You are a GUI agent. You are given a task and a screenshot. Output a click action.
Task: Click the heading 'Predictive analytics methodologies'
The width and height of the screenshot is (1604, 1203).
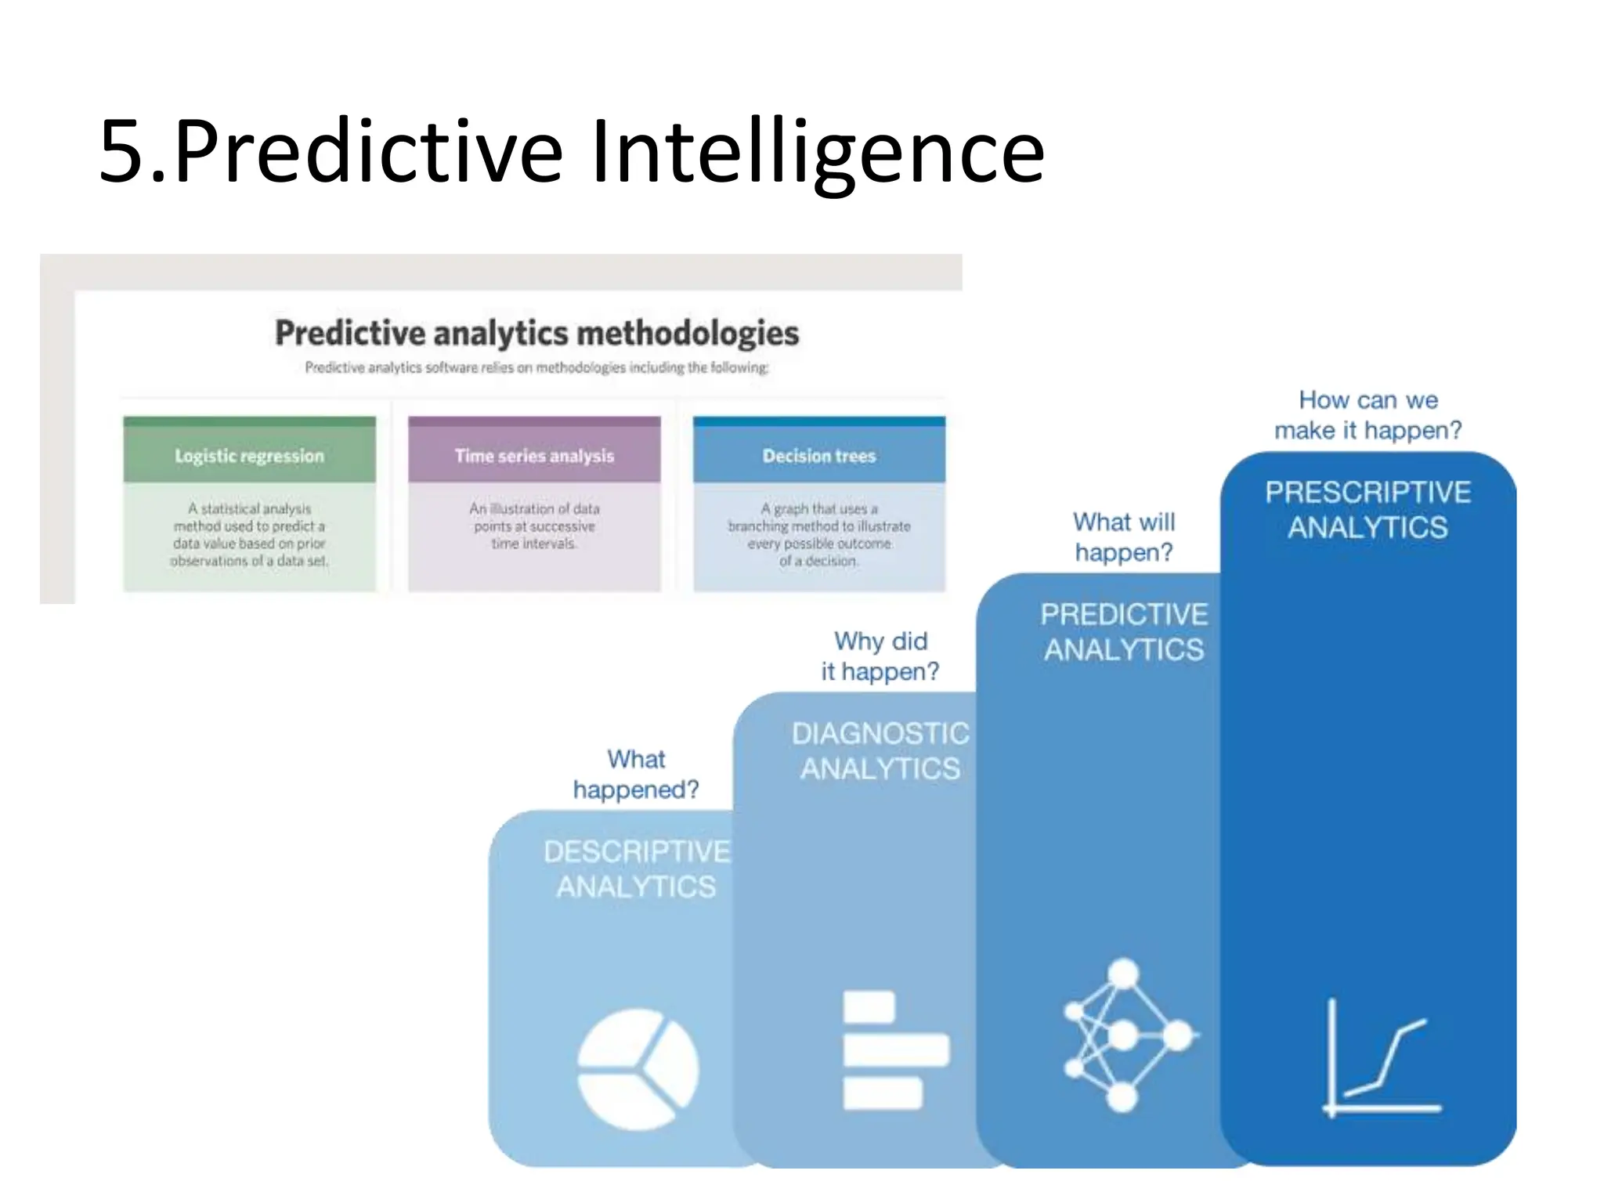pyautogui.click(x=536, y=333)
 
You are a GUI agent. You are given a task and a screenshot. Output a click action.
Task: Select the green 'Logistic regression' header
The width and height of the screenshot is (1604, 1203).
pyautogui.click(x=249, y=455)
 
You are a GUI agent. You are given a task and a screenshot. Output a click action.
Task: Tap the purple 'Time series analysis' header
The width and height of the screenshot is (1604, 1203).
pyautogui.click(x=534, y=455)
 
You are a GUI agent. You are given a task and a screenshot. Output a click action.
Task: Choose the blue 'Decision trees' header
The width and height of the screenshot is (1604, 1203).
pyautogui.click(x=818, y=455)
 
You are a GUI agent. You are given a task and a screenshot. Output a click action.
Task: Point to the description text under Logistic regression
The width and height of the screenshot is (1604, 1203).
pyautogui.click(x=249, y=535)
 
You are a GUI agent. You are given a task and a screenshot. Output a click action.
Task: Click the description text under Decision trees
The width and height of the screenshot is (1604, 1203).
pyautogui.click(x=818, y=535)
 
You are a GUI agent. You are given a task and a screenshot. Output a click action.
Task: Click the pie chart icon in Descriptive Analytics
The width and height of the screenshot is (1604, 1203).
pyautogui.click(x=638, y=1068)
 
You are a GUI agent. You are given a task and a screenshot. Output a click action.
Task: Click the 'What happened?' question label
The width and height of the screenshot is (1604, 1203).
pyautogui.click(x=636, y=774)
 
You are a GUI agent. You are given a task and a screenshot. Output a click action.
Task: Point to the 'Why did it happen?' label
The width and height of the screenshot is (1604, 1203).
pyautogui.click(x=880, y=656)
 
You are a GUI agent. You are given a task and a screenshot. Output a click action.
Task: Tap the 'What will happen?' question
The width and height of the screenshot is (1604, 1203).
pyautogui.click(x=1124, y=536)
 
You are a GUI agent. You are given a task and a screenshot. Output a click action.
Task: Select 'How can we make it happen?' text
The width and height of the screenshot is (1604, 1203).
pyautogui.click(x=1367, y=415)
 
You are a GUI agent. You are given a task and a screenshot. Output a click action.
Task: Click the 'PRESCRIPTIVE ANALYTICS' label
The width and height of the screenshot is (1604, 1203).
pyautogui.click(x=1367, y=509)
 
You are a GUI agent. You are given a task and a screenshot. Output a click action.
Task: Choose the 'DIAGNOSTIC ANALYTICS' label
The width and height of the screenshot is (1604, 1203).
pyautogui.click(x=880, y=750)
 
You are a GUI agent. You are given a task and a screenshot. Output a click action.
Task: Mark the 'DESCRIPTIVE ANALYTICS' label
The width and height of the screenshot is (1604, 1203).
pyautogui.click(x=636, y=869)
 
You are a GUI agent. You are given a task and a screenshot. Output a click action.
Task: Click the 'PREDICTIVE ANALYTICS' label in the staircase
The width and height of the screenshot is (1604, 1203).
pyautogui.click(x=1124, y=631)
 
